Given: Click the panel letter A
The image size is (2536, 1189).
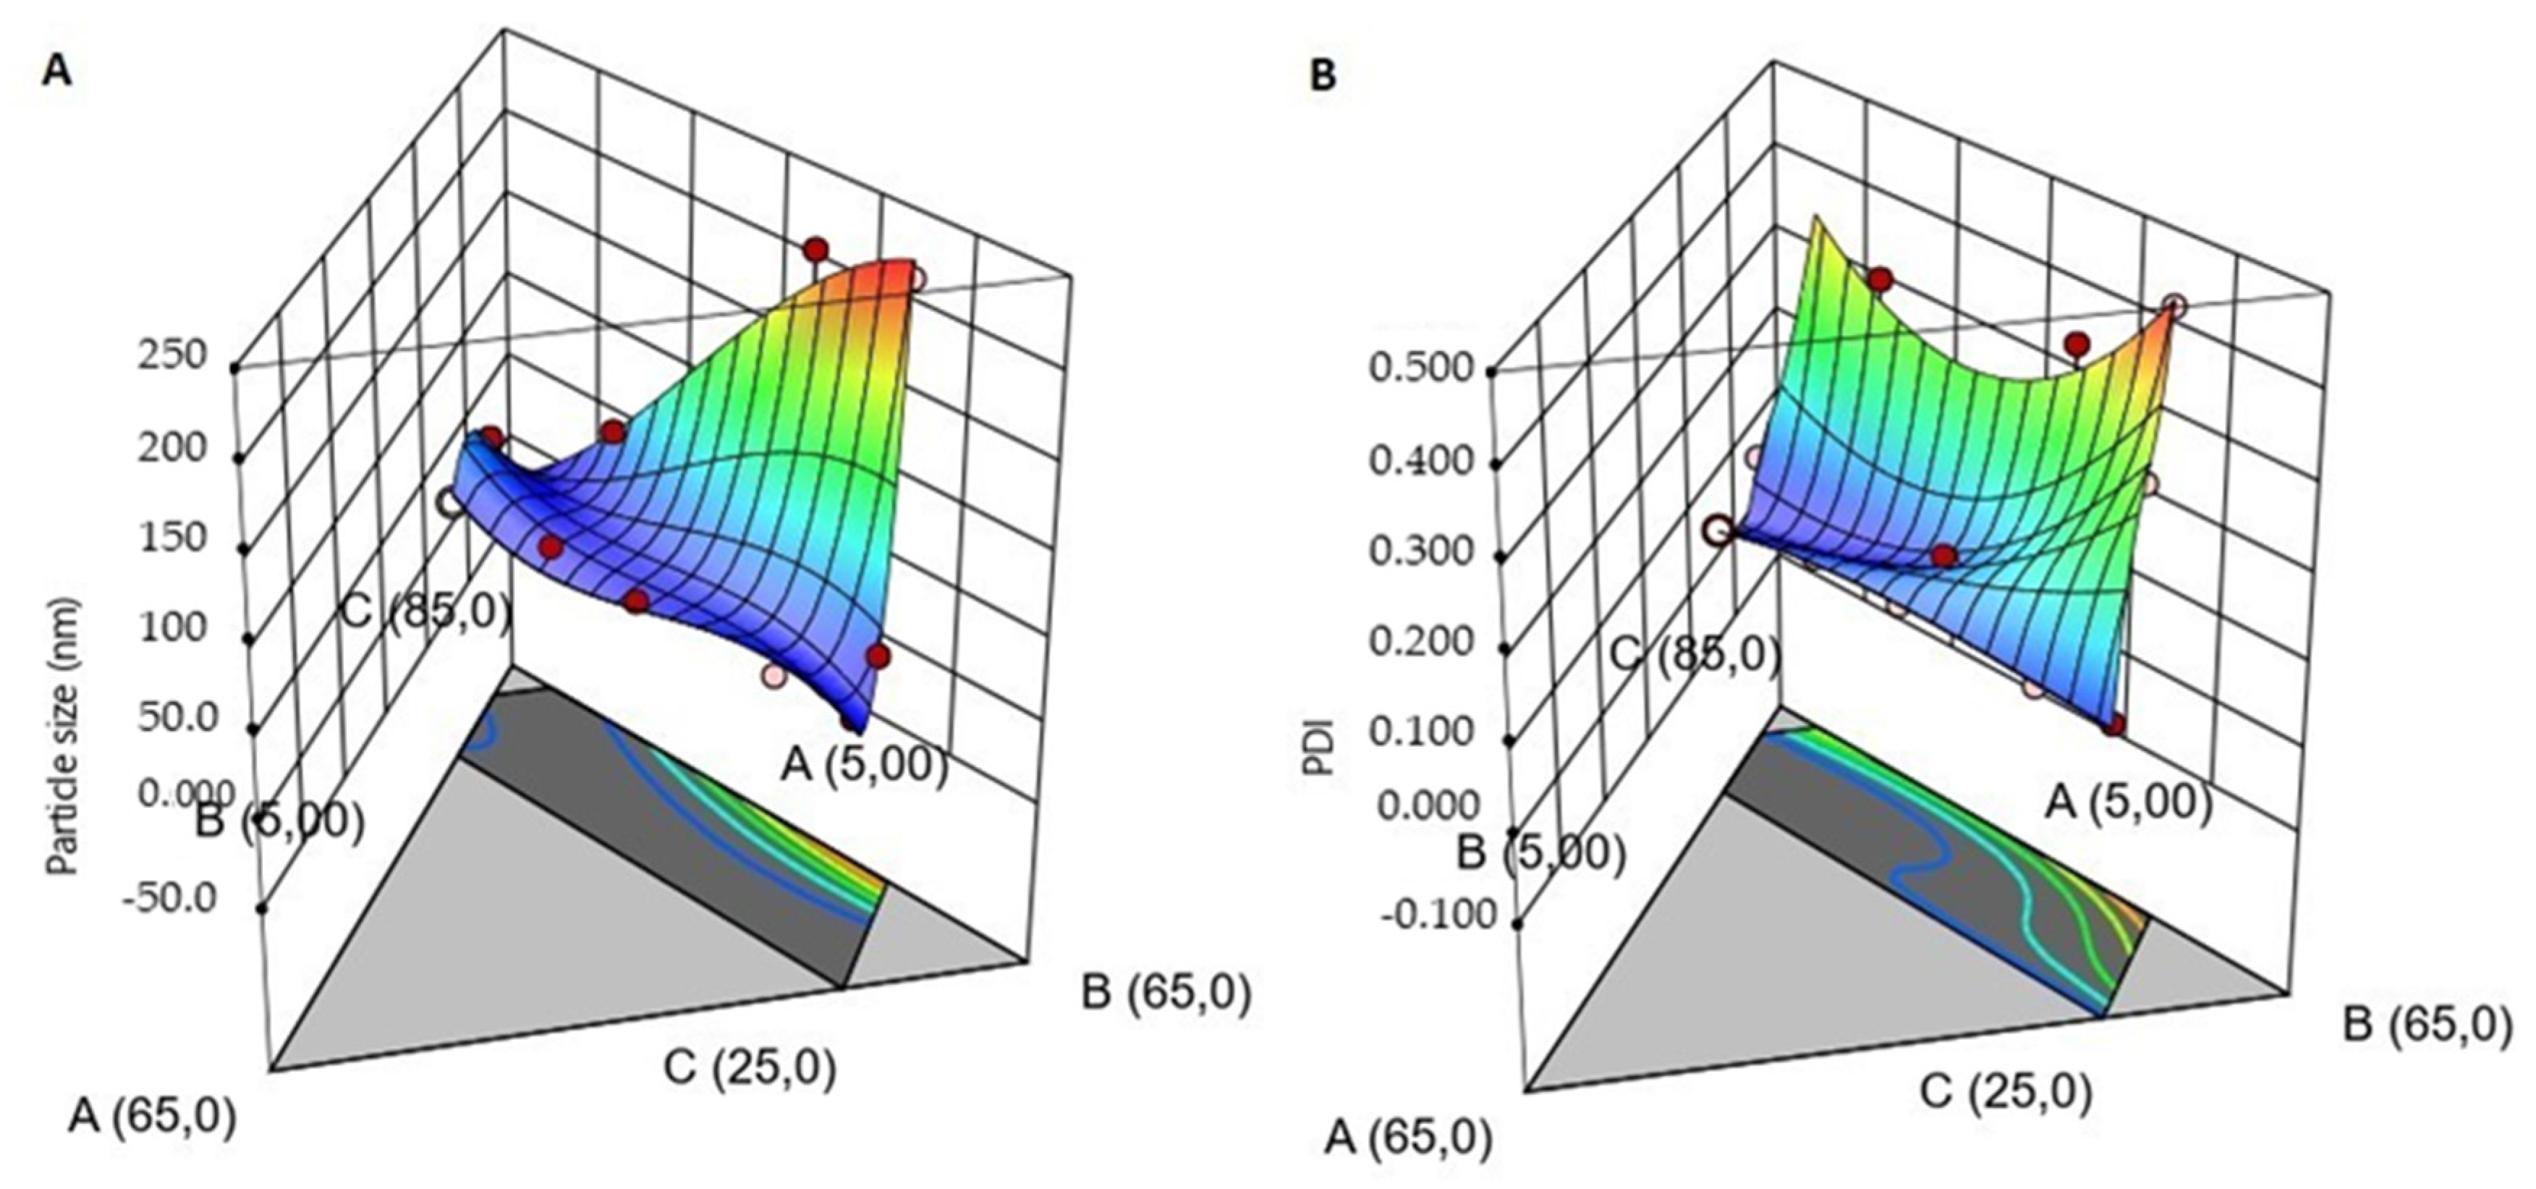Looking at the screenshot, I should [x=57, y=71].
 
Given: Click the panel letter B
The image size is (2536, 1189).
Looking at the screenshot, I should [x=1324, y=76].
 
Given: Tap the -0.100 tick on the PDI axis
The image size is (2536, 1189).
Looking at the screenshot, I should [x=1438, y=916].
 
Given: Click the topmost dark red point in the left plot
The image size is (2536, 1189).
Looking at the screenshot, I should [x=815, y=249].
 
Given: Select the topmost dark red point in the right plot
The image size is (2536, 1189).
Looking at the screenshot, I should [x=1880, y=279].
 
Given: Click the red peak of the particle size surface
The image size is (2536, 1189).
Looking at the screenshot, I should [x=891, y=276].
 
